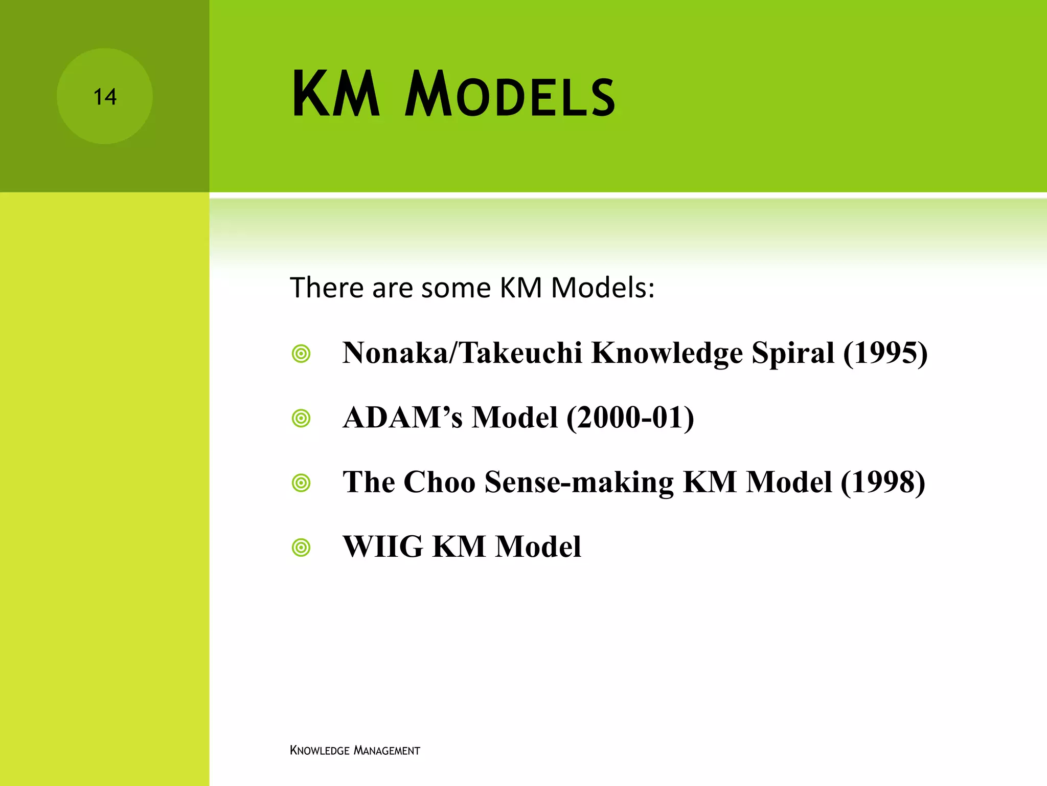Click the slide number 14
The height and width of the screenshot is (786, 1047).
[x=105, y=97]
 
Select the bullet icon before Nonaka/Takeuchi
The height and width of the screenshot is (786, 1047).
[x=301, y=354]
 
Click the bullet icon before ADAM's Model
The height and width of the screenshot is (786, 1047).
[x=301, y=419]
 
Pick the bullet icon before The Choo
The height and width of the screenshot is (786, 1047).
[x=301, y=483]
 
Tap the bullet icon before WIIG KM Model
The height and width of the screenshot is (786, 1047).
[x=301, y=548]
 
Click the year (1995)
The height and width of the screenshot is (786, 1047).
[x=885, y=353]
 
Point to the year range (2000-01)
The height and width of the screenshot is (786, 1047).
[x=630, y=418]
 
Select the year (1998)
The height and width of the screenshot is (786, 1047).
[x=883, y=482]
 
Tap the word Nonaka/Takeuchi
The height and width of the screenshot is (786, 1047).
[x=462, y=353]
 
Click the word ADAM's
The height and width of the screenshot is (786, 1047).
[x=402, y=418]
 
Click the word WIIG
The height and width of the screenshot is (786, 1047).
[x=383, y=547]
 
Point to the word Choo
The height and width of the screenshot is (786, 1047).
[x=439, y=482]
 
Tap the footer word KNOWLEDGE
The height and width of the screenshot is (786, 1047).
[x=320, y=751]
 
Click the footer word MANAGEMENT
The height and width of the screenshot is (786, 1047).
[x=387, y=751]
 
